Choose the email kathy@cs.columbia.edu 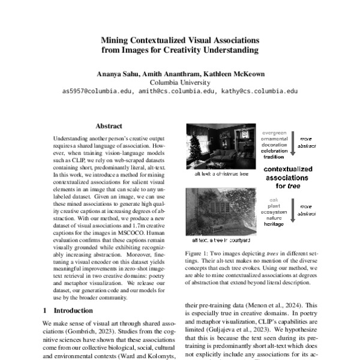tap(259, 92)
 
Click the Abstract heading tap(109, 127)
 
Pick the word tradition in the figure tap(274, 155)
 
